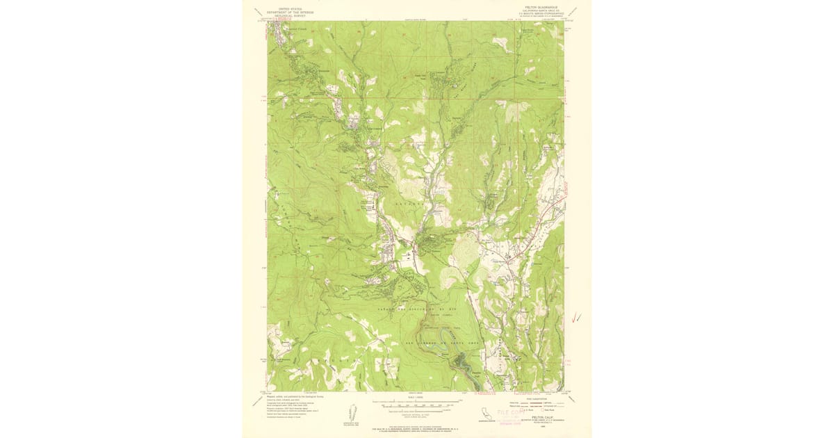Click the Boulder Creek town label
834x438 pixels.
coord(288,29)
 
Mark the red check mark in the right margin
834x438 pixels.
coord(575,318)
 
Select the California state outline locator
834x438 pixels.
coord(484,414)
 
